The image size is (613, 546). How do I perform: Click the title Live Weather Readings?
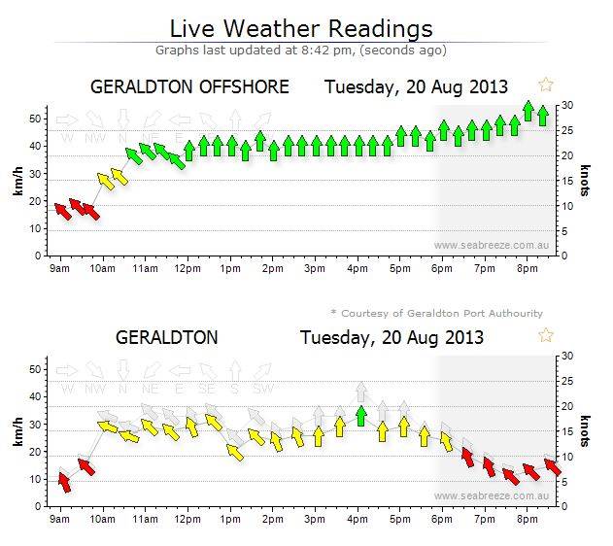click(301, 27)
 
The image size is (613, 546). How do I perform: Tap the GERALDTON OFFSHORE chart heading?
click(189, 86)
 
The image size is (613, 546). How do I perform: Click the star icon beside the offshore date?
click(546, 85)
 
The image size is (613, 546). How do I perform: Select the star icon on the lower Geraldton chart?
click(546, 335)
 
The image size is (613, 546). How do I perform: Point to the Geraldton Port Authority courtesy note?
click(436, 313)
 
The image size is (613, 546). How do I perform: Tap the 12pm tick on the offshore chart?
click(187, 269)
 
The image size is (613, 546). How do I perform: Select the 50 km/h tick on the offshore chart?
click(36, 119)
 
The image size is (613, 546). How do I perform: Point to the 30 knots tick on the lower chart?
click(564, 357)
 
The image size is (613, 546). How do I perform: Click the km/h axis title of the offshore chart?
click(17, 180)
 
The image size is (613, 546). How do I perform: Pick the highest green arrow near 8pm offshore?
click(528, 110)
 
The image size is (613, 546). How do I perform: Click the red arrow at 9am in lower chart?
click(64, 480)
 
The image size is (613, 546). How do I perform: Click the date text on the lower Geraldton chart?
click(391, 338)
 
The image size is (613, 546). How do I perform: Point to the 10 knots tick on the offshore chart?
click(564, 206)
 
